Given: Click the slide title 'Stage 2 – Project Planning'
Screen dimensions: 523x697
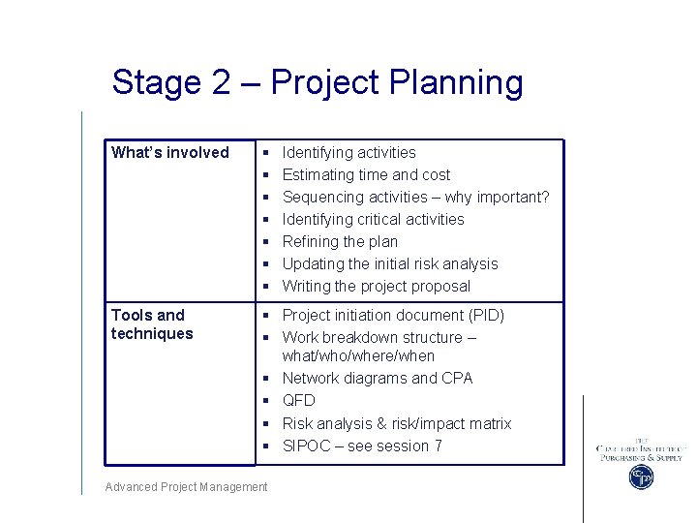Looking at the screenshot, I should [317, 82].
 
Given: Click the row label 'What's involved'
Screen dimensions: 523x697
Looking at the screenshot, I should [170, 152].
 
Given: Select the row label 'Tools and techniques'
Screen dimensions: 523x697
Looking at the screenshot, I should [152, 324].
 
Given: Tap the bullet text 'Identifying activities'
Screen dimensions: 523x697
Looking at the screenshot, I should [348, 152].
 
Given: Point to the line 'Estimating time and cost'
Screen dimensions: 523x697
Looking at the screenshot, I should [366, 174].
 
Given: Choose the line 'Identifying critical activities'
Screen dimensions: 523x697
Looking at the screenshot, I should [373, 219].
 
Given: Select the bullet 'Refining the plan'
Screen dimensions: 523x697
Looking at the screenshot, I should [340, 241].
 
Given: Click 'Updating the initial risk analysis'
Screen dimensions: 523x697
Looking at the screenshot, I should [390, 263].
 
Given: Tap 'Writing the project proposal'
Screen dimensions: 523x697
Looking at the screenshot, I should [377, 286].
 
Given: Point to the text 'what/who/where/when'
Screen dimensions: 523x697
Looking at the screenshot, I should [358, 355].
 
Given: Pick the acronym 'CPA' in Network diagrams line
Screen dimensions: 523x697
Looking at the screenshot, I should [457, 378].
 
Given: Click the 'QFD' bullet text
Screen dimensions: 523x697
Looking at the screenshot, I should [298, 400].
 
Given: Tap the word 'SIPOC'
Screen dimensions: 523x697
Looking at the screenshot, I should [305, 446].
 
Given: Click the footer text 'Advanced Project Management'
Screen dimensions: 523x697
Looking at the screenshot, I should [187, 487].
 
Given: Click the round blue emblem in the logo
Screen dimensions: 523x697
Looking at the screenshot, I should [640, 477].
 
